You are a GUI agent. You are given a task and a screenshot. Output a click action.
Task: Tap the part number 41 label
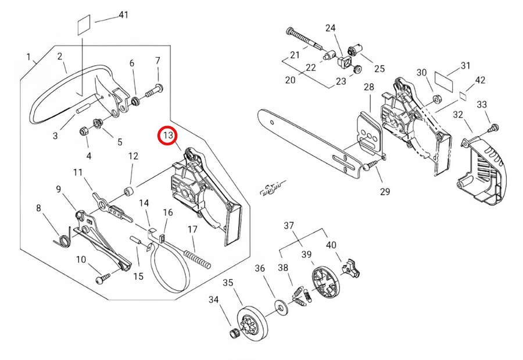[123, 14]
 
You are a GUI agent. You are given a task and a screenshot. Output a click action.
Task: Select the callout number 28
[369, 87]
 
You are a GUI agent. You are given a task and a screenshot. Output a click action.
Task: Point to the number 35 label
[228, 283]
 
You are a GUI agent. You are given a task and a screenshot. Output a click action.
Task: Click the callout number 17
[192, 229]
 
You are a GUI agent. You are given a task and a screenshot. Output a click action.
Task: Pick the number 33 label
[482, 105]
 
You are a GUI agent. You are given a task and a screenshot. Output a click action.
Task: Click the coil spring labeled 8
[62, 237]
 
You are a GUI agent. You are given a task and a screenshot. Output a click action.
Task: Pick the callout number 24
[330, 28]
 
